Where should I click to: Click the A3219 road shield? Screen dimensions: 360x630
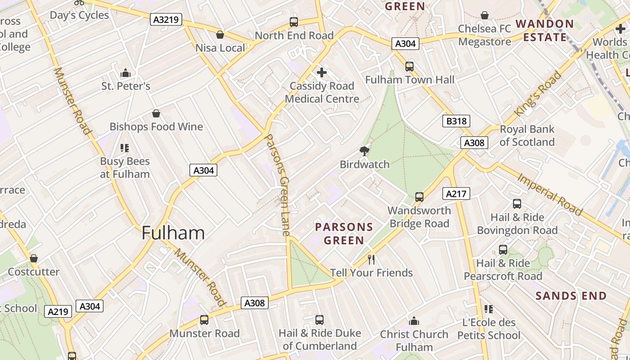(x=166, y=19)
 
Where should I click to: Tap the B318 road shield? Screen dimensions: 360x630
(x=456, y=121)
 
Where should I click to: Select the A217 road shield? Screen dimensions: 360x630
(x=456, y=193)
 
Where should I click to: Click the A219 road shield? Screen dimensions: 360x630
(x=58, y=311)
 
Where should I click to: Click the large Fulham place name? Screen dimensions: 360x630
(x=173, y=233)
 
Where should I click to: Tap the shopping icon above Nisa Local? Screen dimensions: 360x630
(x=220, y=35)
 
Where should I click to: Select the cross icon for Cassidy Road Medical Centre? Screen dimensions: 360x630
(x=322, y=72)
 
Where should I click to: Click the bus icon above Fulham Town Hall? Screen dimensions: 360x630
(x=409, y=67)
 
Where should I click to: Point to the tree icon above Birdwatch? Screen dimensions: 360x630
(x=364, y=151)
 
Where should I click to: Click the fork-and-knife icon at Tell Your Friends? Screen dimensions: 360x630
(x=371, y=259)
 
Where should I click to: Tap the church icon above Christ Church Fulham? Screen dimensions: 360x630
(x=414, y=321)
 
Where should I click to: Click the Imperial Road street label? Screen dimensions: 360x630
(x=550, y=194)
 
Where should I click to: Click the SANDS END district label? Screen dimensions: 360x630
(x=571, y=296)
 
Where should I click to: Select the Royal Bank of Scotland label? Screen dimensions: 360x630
(x=527, y=135)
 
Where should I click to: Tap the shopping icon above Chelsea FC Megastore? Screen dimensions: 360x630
(x=485, y=16)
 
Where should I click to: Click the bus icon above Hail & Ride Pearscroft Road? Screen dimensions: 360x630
(x=503, y=250)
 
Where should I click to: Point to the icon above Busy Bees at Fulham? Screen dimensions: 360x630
(x=125, y=148)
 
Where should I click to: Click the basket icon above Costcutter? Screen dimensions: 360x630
(x=34, y=258)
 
